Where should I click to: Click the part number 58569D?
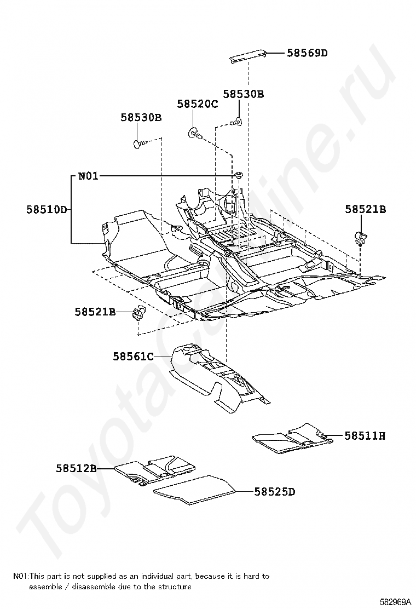(307, 53)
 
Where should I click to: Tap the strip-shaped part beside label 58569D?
(247, 55)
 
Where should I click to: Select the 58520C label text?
(197, 104)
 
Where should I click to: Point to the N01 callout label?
(88, 176)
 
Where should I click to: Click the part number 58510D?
(47, 209)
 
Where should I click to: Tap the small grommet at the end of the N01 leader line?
(239, 175)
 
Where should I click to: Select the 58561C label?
(133, 357)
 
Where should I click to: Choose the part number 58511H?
(365, 436)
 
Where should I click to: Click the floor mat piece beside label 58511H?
(293, 438)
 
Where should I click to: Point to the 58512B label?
(76, 468)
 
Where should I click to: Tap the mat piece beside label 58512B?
(156, 469)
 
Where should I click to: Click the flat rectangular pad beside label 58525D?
(194, 489)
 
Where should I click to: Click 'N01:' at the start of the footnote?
(21, 576)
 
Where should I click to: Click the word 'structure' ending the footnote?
(176, 587)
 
